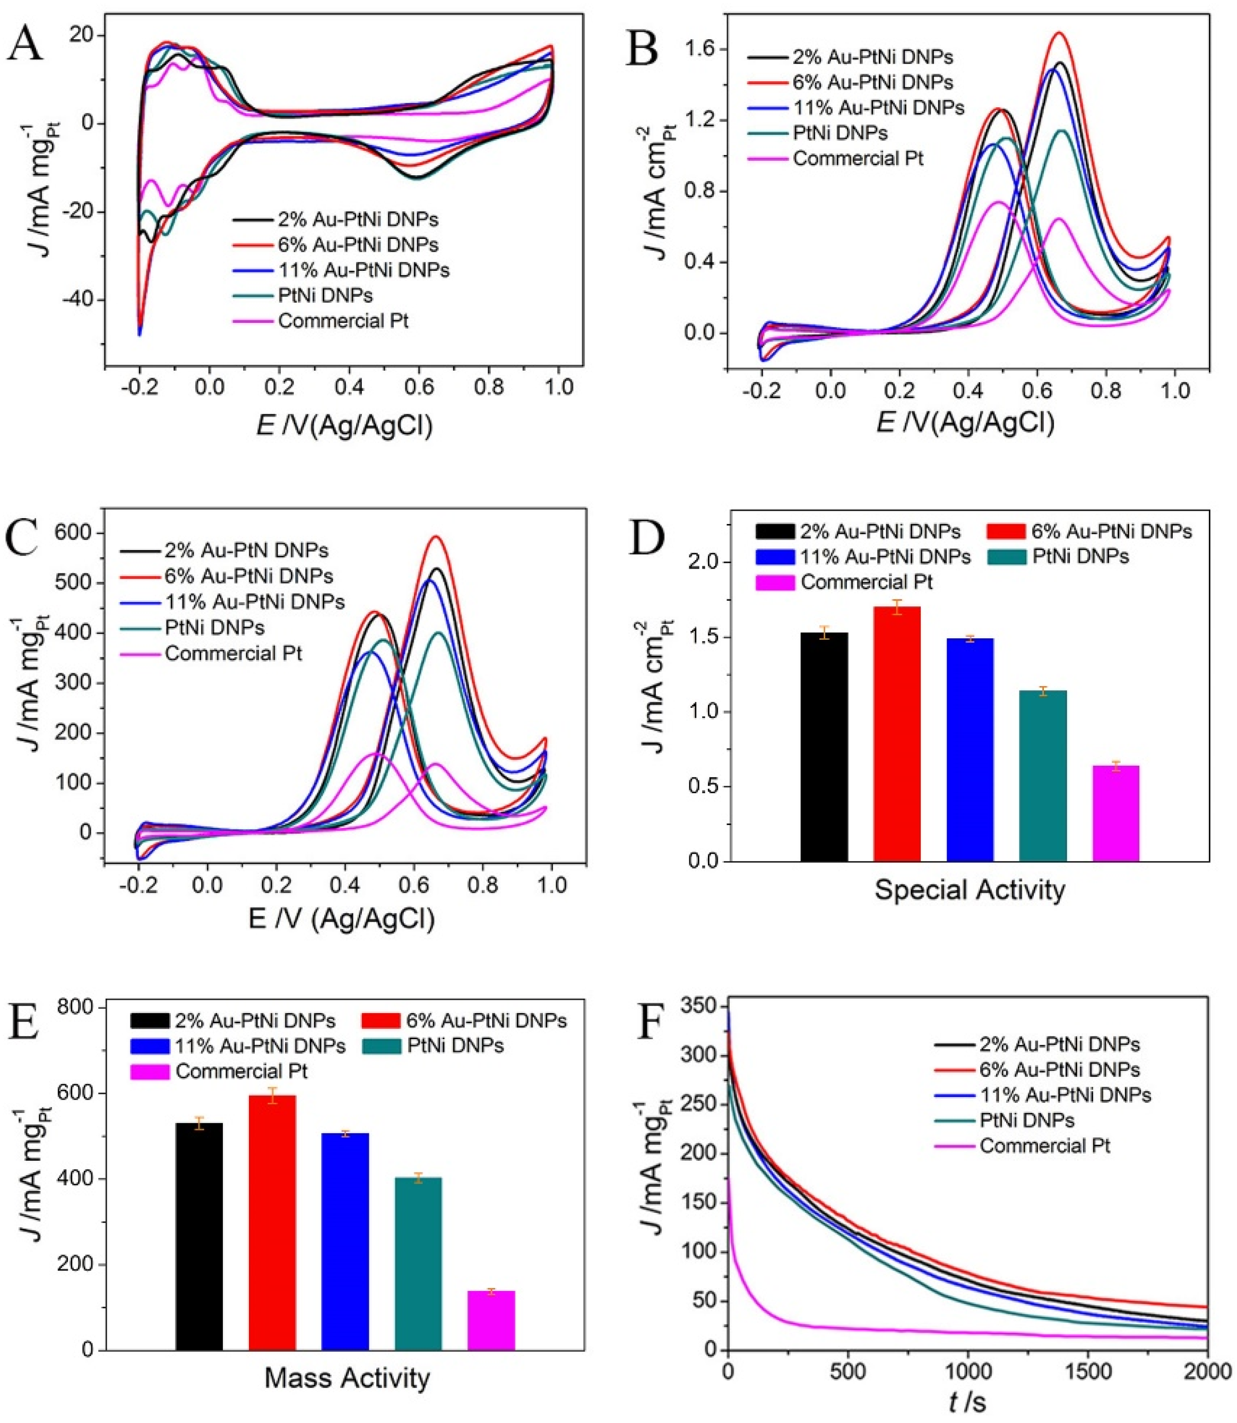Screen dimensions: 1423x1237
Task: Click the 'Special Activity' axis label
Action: click(969, 890)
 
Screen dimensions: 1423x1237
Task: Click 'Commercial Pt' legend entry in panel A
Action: click(343, 321)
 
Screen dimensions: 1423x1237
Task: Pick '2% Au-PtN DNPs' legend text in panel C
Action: click(246, 551)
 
